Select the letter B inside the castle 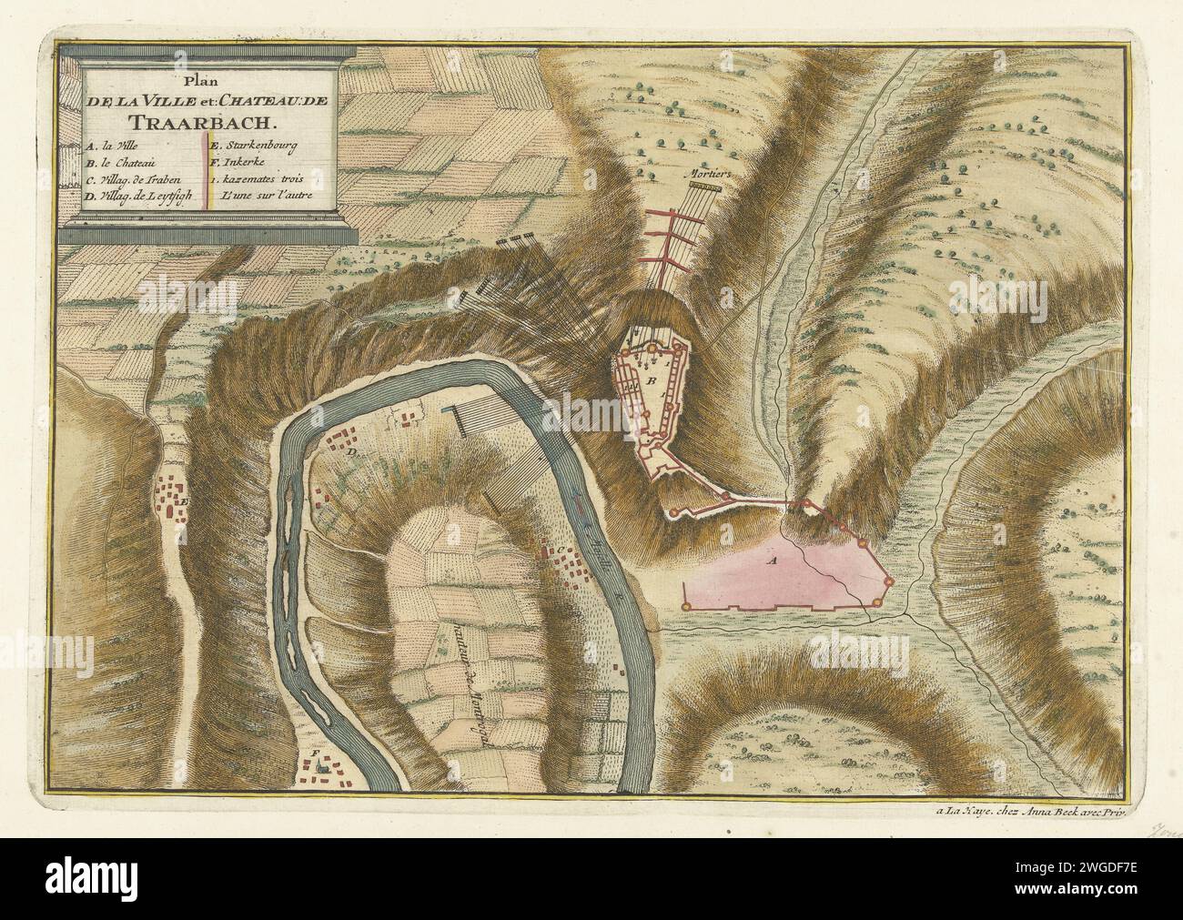(x=652, y=380)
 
